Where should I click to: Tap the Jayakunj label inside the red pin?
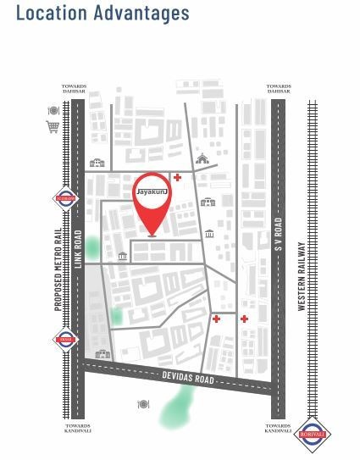pos(152,193)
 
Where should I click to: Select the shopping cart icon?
pos(53,127)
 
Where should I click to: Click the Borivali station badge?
pos(315,435)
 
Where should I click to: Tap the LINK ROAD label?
pos(77,251)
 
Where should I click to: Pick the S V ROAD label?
pos(278,241)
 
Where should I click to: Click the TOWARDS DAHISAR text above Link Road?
pos(75,89)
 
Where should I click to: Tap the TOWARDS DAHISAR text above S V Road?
pos(279,89)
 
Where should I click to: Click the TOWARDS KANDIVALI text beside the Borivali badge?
pos(278,430)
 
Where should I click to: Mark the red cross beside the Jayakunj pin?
pos(176,177)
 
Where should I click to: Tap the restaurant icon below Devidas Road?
pos(143,404)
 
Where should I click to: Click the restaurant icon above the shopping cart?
pos(53,111)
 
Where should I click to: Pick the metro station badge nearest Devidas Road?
pos(65,340)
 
